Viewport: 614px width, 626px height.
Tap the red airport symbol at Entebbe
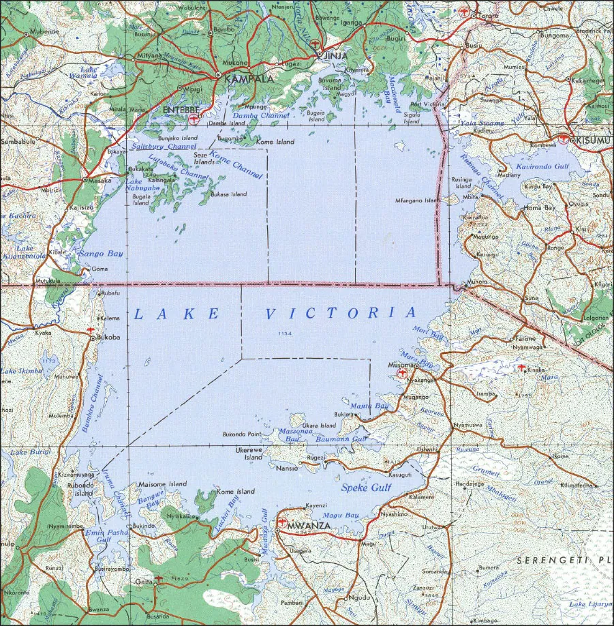coord(194,119)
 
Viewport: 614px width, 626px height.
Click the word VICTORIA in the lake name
coord(340,313)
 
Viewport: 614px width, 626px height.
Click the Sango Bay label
coord(102,254)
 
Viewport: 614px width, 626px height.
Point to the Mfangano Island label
coord(418,200)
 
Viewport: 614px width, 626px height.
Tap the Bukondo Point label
coord(242,434)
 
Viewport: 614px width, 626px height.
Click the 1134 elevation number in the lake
coord(284,333)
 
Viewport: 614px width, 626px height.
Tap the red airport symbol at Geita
coord(159,579)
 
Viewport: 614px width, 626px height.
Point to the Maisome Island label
coord(162,484)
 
